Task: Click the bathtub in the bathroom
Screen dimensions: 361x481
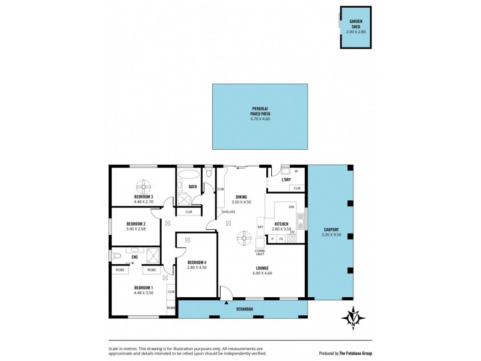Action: (x=189, y=176)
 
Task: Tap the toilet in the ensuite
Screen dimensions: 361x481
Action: (x=117, y=256)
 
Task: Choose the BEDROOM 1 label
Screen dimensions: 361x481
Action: (x=144, y=287)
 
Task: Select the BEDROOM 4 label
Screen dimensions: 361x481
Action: (x=197, y=262)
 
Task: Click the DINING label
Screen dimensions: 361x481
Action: (x=241, y=196)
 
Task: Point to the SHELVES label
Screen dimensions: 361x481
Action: (x=228, y=212)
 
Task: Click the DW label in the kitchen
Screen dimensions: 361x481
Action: (x=291, y=207)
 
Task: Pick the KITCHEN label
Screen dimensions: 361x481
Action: (x=281, y=224)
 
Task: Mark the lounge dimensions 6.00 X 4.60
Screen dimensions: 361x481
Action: (x=262, y=273)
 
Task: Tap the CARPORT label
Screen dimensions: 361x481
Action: (x=331, y=229)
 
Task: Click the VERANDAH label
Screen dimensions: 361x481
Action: (x=243, y=309)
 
